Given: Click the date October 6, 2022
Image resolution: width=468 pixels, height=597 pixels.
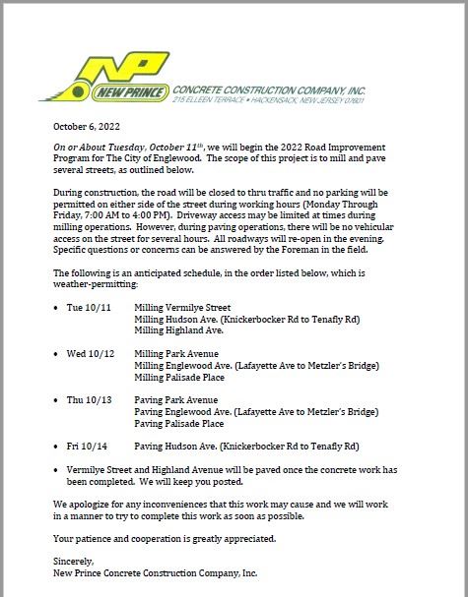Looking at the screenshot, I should pos(86,126).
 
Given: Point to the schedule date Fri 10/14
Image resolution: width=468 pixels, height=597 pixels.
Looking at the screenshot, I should pos(90,446).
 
